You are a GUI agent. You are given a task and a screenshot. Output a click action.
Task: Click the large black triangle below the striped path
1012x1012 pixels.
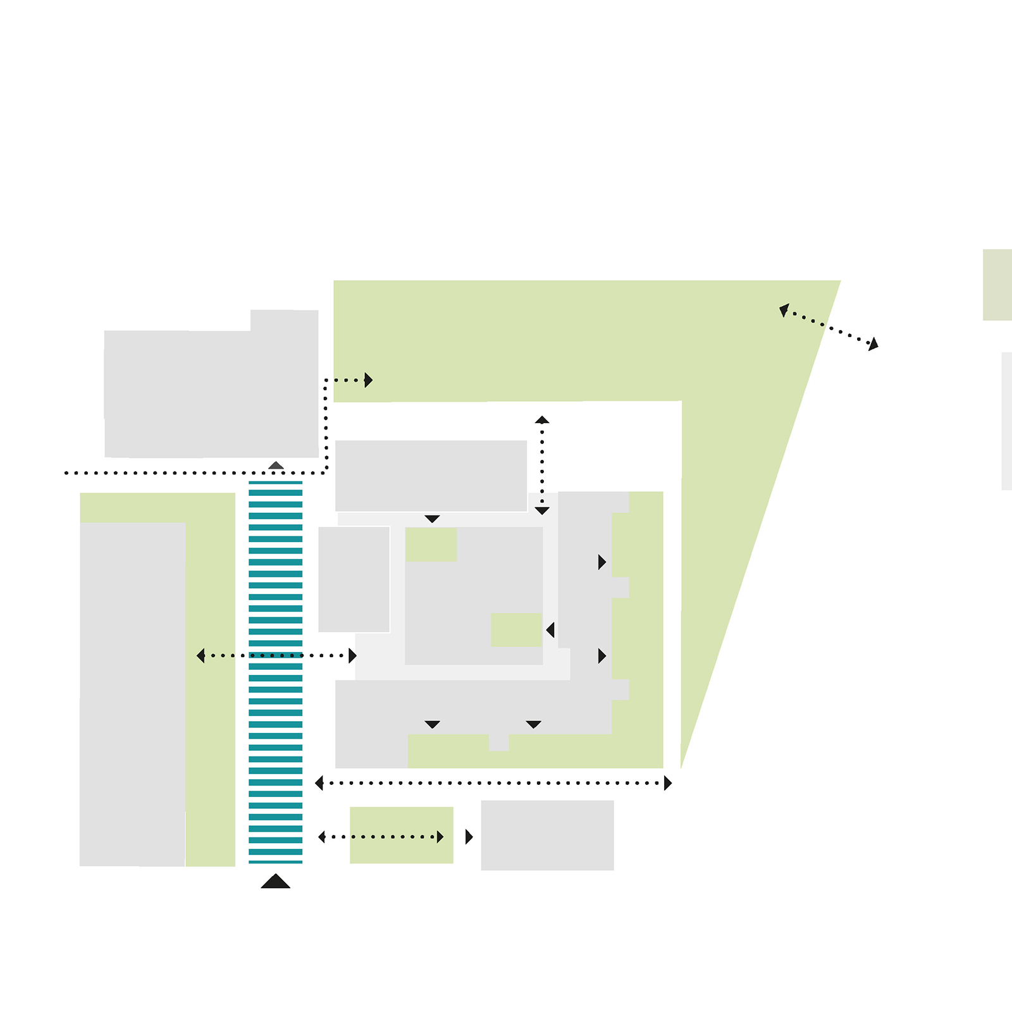(x=276, y=882)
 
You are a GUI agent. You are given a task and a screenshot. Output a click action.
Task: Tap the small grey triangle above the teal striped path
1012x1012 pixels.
(x=276, y=466)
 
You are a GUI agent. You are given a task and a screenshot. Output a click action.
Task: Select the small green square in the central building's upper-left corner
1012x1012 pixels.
(x=431, y=545)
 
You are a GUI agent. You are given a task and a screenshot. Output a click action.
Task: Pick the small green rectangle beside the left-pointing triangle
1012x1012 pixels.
(x=516, y=630)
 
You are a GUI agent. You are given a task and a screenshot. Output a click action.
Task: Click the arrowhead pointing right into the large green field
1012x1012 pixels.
(x=368, y=380)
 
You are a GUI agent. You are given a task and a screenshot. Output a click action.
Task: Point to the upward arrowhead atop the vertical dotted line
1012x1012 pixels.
(x=542, y=419)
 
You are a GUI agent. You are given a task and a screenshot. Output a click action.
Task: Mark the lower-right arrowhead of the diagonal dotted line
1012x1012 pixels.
(x=873, y=344)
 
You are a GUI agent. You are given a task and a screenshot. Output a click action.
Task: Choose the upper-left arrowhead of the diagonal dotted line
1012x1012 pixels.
(x=784, y=310)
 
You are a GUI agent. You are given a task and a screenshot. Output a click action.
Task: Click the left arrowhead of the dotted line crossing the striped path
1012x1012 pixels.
(x=201, y=656)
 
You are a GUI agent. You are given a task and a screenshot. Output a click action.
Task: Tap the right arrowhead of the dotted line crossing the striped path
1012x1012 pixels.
(x=352, y=656)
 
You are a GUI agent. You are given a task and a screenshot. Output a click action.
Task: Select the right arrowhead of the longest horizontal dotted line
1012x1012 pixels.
(x=667, y=783)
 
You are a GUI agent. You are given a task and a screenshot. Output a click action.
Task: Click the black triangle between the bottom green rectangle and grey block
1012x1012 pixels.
(x=469, y=837)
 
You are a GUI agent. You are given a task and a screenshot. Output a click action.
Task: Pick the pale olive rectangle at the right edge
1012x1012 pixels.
(x=997, y=285)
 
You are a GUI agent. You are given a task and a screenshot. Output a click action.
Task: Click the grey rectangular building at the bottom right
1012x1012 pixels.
(x=547, y=835)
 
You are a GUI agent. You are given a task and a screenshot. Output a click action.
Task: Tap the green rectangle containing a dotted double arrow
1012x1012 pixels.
(x=402, y=835)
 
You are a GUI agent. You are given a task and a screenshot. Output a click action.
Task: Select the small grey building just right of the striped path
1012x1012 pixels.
(x=354, y=579)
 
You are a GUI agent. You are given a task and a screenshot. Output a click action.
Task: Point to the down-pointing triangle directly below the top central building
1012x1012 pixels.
(x=432, y=519)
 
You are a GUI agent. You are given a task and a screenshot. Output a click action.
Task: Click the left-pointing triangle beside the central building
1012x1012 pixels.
(x=550, y=630)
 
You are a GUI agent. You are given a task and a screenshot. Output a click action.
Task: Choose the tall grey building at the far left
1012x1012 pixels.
(x=132, y=694)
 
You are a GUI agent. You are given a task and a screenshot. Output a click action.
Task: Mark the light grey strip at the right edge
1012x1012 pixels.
(x=1006, y=421)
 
